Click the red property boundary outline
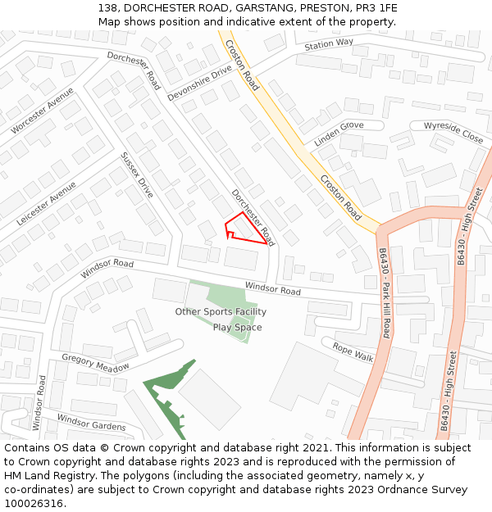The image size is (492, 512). [246, 229]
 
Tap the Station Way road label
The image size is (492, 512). [329, 44]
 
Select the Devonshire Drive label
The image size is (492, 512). [200, 84]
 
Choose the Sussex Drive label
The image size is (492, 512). [137, 175]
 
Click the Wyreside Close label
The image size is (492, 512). [453, 132]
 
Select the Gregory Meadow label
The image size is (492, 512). [95, 363]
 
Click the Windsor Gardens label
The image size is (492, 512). [91, 422]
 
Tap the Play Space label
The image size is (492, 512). [238, 328]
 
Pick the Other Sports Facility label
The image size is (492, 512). [221, 312]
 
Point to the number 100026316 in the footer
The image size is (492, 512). [34, 503]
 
